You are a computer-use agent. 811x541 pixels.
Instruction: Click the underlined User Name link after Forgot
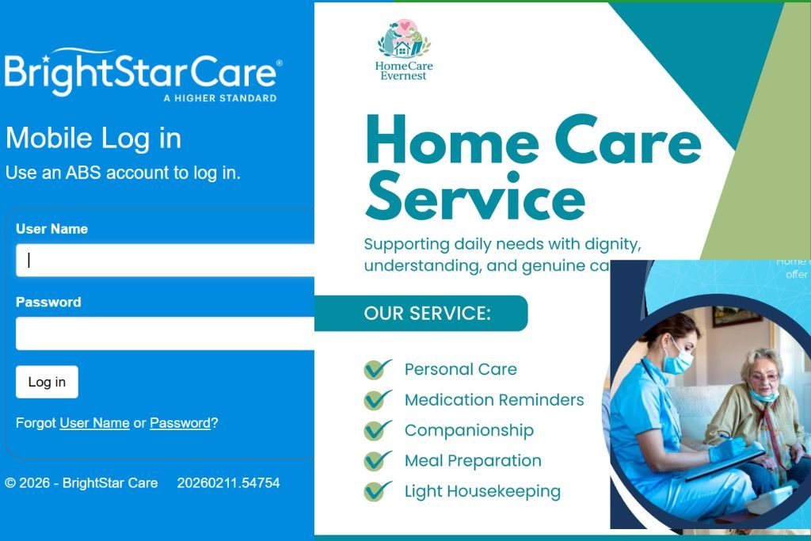tap(94, 423)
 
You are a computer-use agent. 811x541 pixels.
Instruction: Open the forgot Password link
tap(180, 423)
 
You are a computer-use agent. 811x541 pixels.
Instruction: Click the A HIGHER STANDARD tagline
tap(219, 98)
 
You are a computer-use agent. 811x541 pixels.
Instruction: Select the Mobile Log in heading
tap(93, 138)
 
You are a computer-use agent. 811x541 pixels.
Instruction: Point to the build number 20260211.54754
tap(228, 482)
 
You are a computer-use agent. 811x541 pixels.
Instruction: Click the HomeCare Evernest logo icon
tap(404, 40)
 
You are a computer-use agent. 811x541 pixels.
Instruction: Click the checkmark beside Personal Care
tap(377, 370)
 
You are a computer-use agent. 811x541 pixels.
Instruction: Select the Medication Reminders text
tap(494, 400)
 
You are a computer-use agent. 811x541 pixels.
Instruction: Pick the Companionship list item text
tap(469, 430)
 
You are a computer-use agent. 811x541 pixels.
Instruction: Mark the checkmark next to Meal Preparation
tap(377, 460)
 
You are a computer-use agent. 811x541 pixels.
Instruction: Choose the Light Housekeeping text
tap(482, 491)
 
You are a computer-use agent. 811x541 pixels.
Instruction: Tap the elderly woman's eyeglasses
tap(762, 378)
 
